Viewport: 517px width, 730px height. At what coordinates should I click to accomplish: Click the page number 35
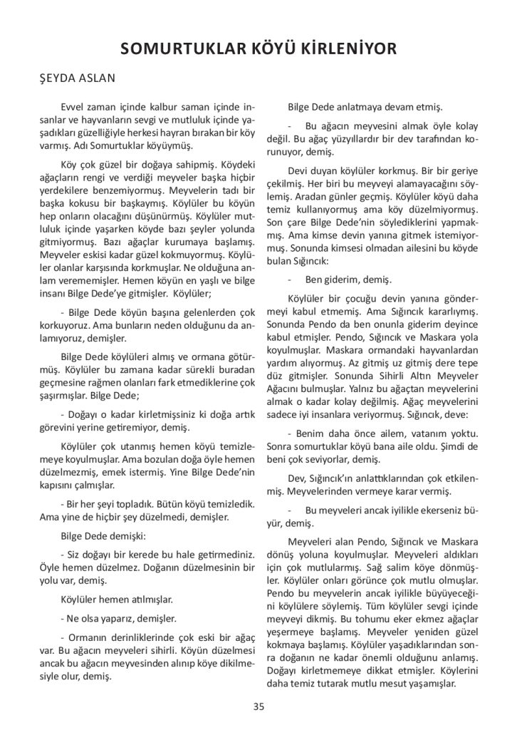pos(258,706)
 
